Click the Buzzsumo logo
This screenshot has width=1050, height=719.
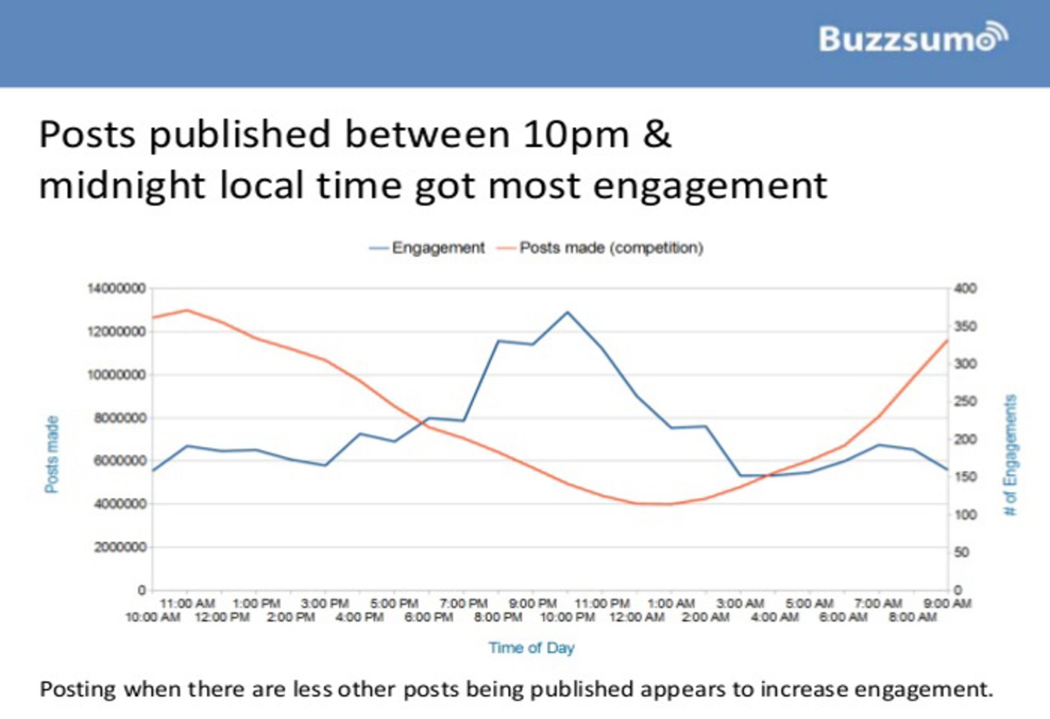tap(912, 38)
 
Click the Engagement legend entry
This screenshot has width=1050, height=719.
tap(438, 248)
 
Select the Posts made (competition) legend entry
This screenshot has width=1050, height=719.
tap(611, 248)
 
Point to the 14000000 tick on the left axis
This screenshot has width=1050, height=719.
tap(116, 288)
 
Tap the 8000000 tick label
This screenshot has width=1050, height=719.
tap(120, 418)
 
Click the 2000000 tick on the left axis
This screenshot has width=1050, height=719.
tap(120, 547)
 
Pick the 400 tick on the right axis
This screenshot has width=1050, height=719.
tap(965, 288)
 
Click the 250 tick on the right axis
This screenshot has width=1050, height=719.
tap(965, 402)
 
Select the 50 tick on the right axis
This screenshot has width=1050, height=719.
tap(962, 552)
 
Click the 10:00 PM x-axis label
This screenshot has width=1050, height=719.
tap(567, 617)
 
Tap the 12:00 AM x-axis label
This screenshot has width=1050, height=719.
tap(637, 617)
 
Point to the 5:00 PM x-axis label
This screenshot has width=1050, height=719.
tap(394, 604)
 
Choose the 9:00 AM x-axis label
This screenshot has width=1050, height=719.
tap(947, 604)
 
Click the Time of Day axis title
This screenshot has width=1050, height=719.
tap(532, 648)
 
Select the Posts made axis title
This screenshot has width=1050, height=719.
tap(52, 454)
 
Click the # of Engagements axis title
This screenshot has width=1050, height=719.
tap(1010, 454)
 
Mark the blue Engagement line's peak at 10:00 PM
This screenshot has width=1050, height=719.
tap(568, 312)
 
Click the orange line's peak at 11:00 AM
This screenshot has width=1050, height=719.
tap(188, 310)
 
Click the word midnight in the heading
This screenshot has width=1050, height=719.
tap(122, 186)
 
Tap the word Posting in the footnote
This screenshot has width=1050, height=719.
tap(78, 689)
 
